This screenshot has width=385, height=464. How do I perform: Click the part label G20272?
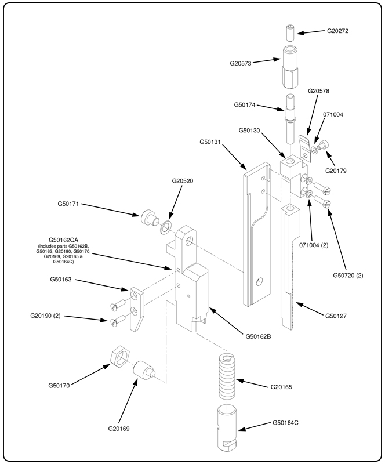tap(338, 31)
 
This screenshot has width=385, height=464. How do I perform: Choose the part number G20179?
tap(337, 171)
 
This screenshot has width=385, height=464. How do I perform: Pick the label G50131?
tap(212, 140)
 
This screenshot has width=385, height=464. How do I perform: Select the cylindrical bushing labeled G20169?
tap(143, 371)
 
